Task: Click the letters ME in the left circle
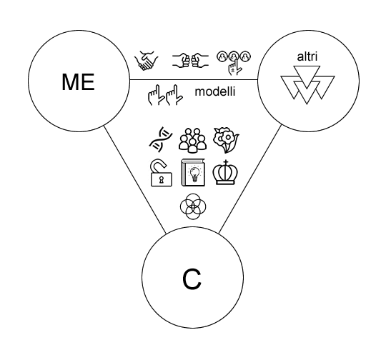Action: click(78, 82)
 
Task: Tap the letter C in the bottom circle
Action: click(192, 279)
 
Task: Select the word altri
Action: click(307, 56)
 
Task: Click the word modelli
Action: click(215, 91)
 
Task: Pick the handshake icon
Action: click(147, 61)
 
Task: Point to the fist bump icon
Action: click(190, 60)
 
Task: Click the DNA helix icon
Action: click(161, 139)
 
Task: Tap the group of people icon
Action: click(192, 139)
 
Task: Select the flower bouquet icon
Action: click(226, 140)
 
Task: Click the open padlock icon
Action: click(162, 173)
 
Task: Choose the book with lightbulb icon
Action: click(193, 172)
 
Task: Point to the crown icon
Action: click(225, 172)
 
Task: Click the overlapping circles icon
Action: click(193, 206)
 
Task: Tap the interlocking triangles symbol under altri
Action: click(307, 85)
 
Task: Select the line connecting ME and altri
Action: click(194, 80)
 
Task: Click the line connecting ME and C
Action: click(135, 179)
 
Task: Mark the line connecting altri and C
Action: click(250, 179)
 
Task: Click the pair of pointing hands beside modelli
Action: click(165, 95)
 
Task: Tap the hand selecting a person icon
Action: click(234, 63)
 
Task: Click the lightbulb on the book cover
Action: click(194, 174)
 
